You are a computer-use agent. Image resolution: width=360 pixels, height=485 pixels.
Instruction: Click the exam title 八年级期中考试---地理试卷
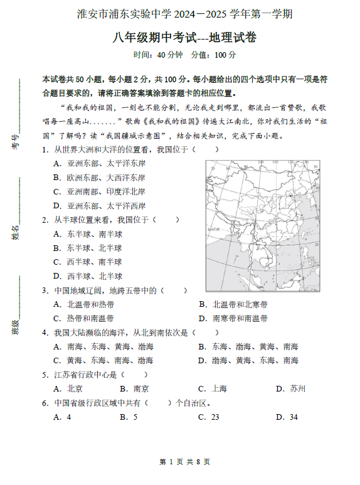pos(180,38)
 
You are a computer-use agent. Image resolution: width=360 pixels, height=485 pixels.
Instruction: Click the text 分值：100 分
pos(213,55)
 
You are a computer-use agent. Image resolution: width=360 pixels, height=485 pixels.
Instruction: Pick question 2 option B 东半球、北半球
pos(88,248)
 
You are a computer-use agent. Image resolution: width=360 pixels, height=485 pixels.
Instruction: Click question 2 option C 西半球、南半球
pos(88,262)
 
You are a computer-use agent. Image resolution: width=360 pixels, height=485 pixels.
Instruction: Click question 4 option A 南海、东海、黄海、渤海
pos(103,346)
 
